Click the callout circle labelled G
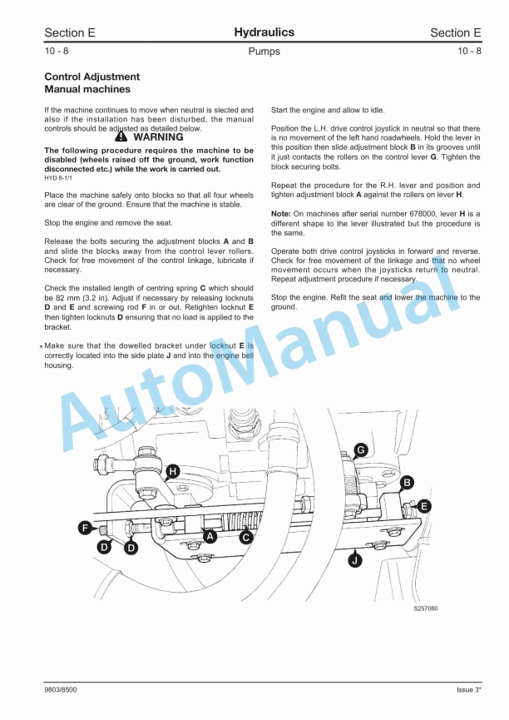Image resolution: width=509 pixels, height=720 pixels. pyautogui.click(x=360, y=450)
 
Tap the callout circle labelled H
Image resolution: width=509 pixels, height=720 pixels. pyautogui.click(x=172, y=472)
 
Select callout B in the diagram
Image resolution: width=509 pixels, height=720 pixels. pyautogui.click(x=407, y=482)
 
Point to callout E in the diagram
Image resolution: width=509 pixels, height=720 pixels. pyautogui.click(x=423, y=505)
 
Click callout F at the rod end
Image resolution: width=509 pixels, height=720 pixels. pyautogui.click(x=84, y=527)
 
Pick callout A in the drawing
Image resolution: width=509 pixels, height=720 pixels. pyautogui.click(x=210, y=537)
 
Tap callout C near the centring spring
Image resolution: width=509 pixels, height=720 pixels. pyautogui.click(x=246, y=538)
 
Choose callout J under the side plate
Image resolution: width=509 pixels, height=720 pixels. pyautogui.click(x=356, y=561)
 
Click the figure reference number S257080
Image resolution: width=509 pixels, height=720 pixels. pyautogui.click(x=425, y=608)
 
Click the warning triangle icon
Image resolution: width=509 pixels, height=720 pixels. pyautogui.click(x=121, y=137)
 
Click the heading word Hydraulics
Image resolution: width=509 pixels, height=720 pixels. pyautogui.click(x=264, y=32)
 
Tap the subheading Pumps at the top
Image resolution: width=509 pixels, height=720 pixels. pyautogui.click(x=264, y=52)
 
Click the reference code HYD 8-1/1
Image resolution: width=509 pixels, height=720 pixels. pyautogui.click(x=58, y=177)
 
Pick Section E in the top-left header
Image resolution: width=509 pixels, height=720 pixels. pyautogui.click(x=70, y=33)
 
